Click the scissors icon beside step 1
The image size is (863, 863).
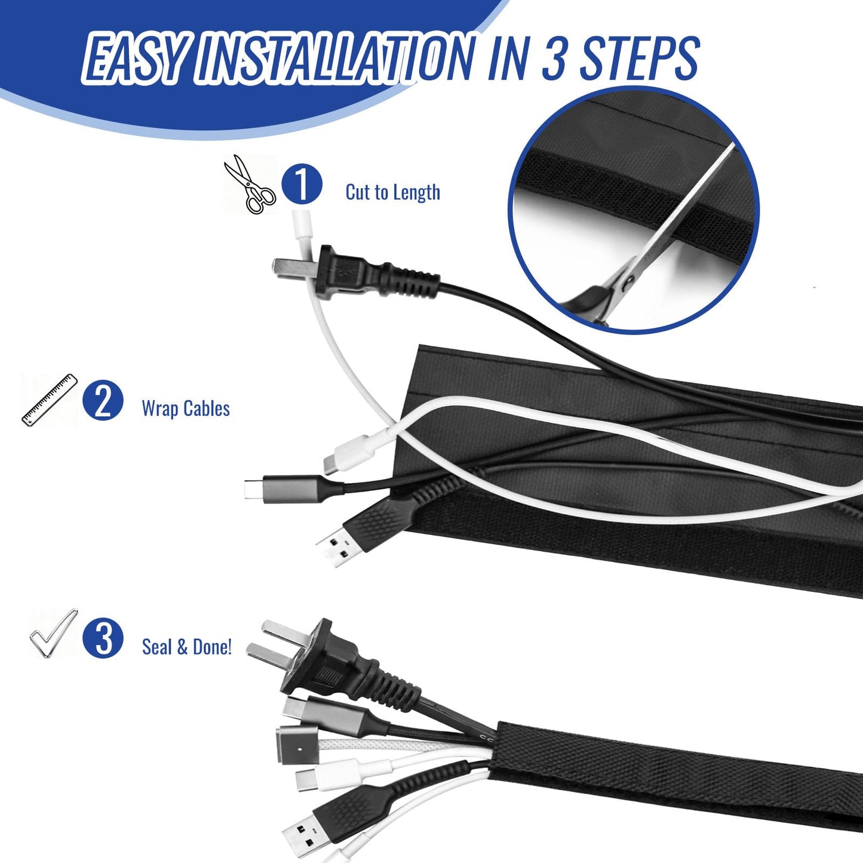[x=250, y=185]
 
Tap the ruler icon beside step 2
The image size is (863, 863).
[x=50, y=400]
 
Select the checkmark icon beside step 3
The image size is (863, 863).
[x=53, y=633]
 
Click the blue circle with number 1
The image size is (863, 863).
[x=302, y=185]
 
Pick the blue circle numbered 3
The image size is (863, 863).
[x=103, y=638]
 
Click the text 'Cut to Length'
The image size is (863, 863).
[x=392, y=192]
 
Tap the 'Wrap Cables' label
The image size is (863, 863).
[x=186, y=409]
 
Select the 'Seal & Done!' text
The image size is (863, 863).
[x=187, y=647]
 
